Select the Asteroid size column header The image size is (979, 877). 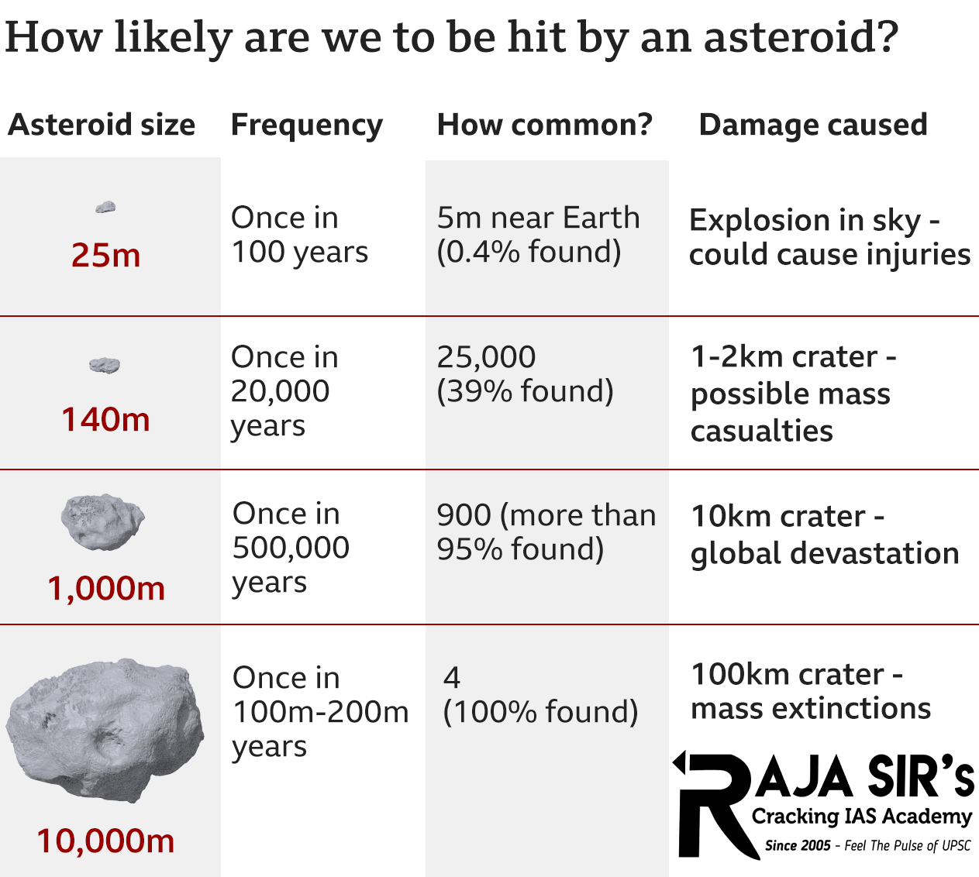point(102,125)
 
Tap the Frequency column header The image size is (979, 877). point(307,126)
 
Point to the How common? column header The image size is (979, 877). point(545,125)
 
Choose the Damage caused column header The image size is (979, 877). point(813,125)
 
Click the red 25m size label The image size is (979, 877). point(106,255)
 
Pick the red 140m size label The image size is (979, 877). point(105,419)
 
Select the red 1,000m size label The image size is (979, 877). point(106,589)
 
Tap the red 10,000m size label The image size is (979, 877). point(105,841)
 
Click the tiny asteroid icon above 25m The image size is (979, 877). point(105,207)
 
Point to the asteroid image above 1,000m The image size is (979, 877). point(102,521)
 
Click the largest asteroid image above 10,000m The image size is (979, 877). point(105,728)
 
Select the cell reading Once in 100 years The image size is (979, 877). point(299,235)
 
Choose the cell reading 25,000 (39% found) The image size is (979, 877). point(525,374)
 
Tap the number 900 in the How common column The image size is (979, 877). point(464,515)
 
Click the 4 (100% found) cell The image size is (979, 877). point(540,695)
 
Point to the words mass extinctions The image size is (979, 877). point(811,708)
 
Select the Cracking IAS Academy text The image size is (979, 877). point(861,816)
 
